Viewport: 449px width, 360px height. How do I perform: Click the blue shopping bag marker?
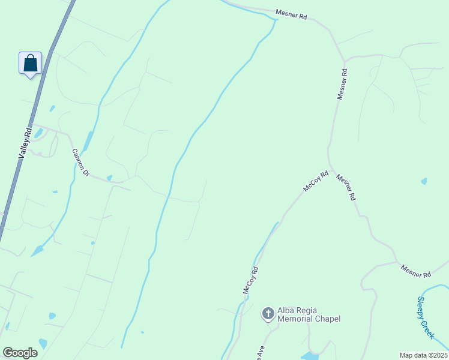pyautogui.click(x=30, y=64)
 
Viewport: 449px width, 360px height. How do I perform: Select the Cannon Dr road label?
pyautogui.click(x=80, y=163)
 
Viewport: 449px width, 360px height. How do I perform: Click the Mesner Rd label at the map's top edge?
pyautogui.click(x=291, y=14)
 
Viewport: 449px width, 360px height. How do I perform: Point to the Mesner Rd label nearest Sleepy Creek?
pyautogui.click(x=416, y=271)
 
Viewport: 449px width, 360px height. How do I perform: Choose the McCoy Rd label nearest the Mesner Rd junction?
pyautogui.click(x=316, y=181)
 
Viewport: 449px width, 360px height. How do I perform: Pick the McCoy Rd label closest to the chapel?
pyautogui.click(x=250, y=280)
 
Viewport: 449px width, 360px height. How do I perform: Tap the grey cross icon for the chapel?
pyautogui.click(x=268, y=313)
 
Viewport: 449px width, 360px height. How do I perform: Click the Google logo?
pyautogui.click(x=20, y=353)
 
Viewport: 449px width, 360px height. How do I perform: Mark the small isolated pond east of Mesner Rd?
pyautogui.click(x=424, y=181)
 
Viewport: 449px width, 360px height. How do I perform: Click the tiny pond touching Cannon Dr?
pyautogui.click(x=109, y=178)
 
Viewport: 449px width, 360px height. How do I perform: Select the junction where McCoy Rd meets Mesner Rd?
pyautogui.click(x=330, y=170)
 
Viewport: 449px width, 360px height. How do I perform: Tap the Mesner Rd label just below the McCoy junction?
pyautogui.click(x=346, y=187)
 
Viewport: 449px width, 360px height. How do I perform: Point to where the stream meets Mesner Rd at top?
pyautogui.click(x=276, y=20)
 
